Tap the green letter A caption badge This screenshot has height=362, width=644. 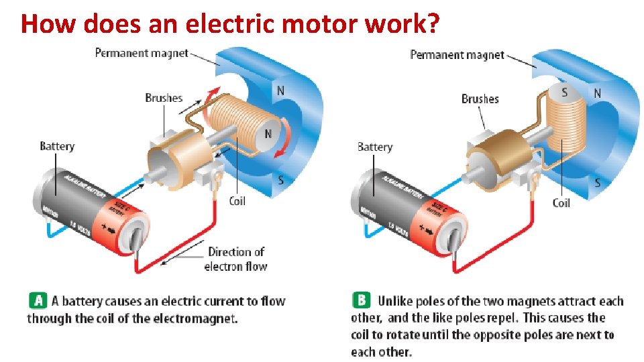37,300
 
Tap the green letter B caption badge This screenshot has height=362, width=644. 361,300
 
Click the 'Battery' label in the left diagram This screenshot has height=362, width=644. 57,146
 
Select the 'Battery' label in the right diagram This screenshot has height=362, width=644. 375,147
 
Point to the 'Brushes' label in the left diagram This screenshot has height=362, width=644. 164,98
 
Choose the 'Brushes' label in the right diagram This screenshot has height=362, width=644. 480,99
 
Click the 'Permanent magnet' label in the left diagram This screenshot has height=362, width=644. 142,53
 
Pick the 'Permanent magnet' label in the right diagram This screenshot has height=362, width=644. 457,54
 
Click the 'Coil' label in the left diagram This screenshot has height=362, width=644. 237,200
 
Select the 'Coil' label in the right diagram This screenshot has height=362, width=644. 561,202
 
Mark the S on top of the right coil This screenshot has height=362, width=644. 565,93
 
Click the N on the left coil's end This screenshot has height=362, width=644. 268,133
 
